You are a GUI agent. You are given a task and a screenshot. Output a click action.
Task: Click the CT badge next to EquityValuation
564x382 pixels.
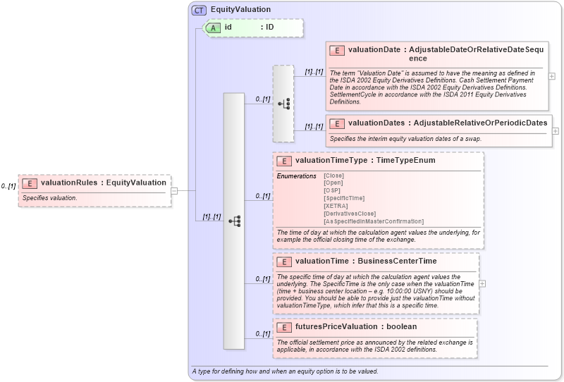200,10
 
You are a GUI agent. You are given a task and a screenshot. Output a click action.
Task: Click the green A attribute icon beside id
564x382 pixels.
212,27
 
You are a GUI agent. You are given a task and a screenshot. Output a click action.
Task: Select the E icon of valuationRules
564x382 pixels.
30,183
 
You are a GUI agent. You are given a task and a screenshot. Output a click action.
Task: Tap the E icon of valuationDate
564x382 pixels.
337,50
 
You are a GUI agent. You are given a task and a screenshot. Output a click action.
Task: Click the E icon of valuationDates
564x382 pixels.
337,123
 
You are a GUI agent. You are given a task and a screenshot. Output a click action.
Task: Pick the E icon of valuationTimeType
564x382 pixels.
284,161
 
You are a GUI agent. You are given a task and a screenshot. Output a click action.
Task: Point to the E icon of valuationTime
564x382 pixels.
284,261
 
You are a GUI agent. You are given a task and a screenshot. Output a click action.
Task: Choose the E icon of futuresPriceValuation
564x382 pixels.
284,327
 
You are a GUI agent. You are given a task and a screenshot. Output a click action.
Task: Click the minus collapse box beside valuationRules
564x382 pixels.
174,190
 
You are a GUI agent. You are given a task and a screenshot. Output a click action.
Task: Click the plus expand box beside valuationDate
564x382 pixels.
551,76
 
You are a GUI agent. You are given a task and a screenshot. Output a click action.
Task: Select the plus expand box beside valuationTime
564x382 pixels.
482,283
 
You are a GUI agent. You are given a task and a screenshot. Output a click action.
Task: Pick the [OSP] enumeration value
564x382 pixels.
331,191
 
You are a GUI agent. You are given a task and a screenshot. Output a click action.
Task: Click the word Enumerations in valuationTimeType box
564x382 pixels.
296,175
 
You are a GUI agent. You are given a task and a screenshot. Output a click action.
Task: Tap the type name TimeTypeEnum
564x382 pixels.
405,161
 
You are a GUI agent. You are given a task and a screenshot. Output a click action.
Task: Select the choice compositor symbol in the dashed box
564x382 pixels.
283,104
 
